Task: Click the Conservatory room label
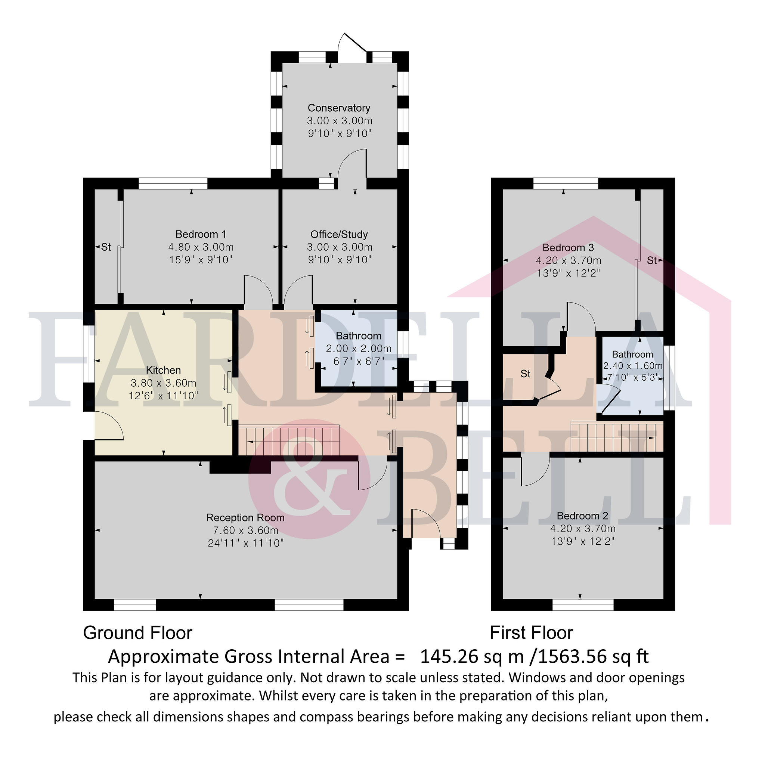339,108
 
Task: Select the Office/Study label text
339,235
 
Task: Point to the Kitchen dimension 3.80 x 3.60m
164,383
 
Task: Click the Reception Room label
245,518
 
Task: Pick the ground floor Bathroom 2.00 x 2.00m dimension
359,349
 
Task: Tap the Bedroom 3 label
568,248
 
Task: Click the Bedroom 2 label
582,516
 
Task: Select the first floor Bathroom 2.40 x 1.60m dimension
633,366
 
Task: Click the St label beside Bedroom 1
106,247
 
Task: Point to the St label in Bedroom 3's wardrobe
652,260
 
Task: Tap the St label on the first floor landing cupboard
526,374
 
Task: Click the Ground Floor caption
137,633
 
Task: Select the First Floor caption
532,633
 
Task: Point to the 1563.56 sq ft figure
593,657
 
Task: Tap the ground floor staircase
289,440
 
